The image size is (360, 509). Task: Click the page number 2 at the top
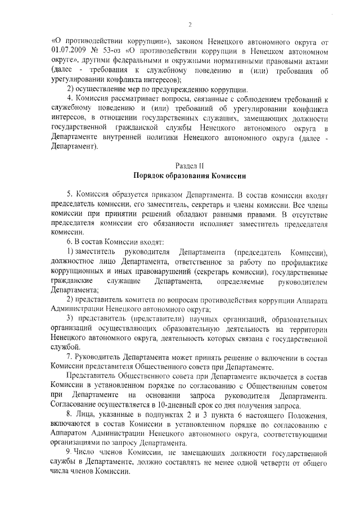(190, 25)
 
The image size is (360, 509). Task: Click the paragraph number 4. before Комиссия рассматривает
(70, 100)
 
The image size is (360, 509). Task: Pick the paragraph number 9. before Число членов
(70, 452)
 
